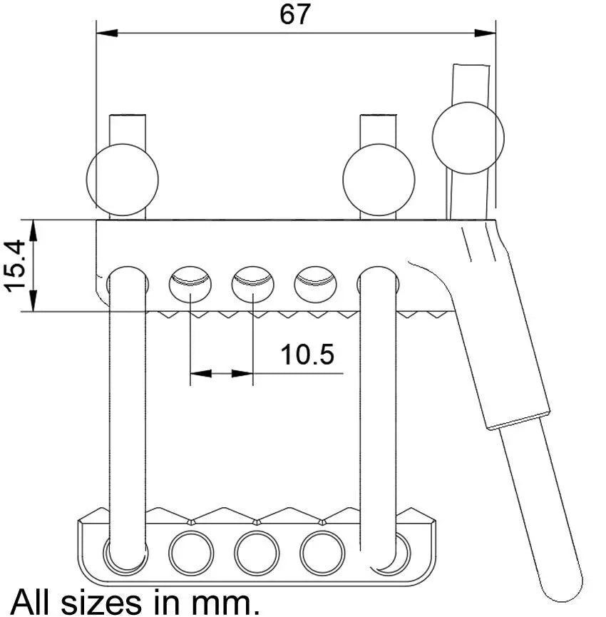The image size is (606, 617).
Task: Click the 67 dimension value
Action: click(295, 14)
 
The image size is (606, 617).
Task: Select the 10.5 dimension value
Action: click(307, 354)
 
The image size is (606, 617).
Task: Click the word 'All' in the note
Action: click(33, 601)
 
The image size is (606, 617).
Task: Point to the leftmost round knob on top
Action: click(122, 180)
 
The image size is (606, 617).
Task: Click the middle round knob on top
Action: click(379, 180)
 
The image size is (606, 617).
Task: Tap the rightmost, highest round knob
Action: click(468, 138)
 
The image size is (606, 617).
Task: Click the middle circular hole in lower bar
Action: click(257, 553)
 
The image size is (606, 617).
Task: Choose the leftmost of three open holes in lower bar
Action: click(191, 553)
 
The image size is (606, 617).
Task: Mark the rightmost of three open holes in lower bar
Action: click(322, 553)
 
